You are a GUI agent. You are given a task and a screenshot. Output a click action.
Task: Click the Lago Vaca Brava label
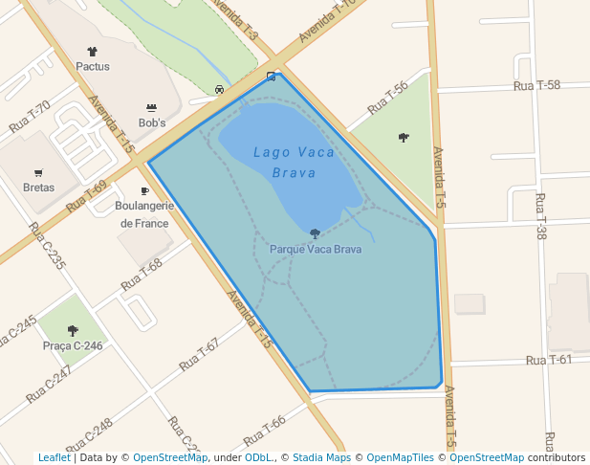click(x=294, y=162)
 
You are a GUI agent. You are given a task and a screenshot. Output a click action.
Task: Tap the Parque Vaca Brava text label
click(x=316, y=249)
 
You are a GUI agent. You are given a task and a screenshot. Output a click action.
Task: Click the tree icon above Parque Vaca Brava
click(x=315, y=233)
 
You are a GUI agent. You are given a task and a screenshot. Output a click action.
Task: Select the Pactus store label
click(x=93, y=67)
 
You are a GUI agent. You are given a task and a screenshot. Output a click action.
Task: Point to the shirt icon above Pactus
click(x=93, y=52)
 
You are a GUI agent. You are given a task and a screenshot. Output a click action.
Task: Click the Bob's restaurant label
click(x=152, y=122)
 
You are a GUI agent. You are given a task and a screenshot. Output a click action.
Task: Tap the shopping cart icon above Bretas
click(x=38, y=173)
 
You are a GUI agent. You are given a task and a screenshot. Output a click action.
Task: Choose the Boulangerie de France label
click(x=143, y=214)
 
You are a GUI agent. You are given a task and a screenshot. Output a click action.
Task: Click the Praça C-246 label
click(x=73, y=345)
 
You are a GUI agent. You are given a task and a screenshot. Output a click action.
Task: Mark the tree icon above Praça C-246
click(x=73, y=330)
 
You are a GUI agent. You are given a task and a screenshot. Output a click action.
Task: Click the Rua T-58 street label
click(x=536, y=85)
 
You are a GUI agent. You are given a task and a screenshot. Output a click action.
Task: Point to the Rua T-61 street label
click(x=549, y=360)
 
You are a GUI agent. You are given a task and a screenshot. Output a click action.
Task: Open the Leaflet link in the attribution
click(x=54, y=457)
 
